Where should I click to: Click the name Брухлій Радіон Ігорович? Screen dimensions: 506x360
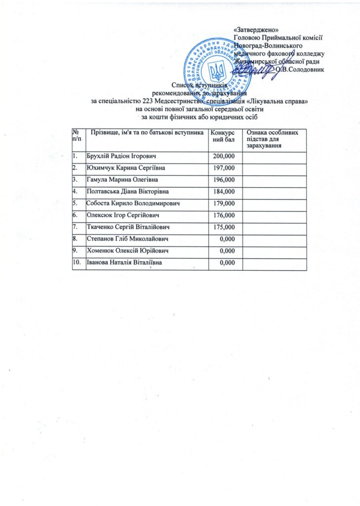pos(121,156)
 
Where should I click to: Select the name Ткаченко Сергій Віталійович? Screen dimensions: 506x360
pos(128,227)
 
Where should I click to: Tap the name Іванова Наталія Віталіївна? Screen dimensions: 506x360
pos(124,262)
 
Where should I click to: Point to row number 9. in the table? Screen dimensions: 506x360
pos(76,251)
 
